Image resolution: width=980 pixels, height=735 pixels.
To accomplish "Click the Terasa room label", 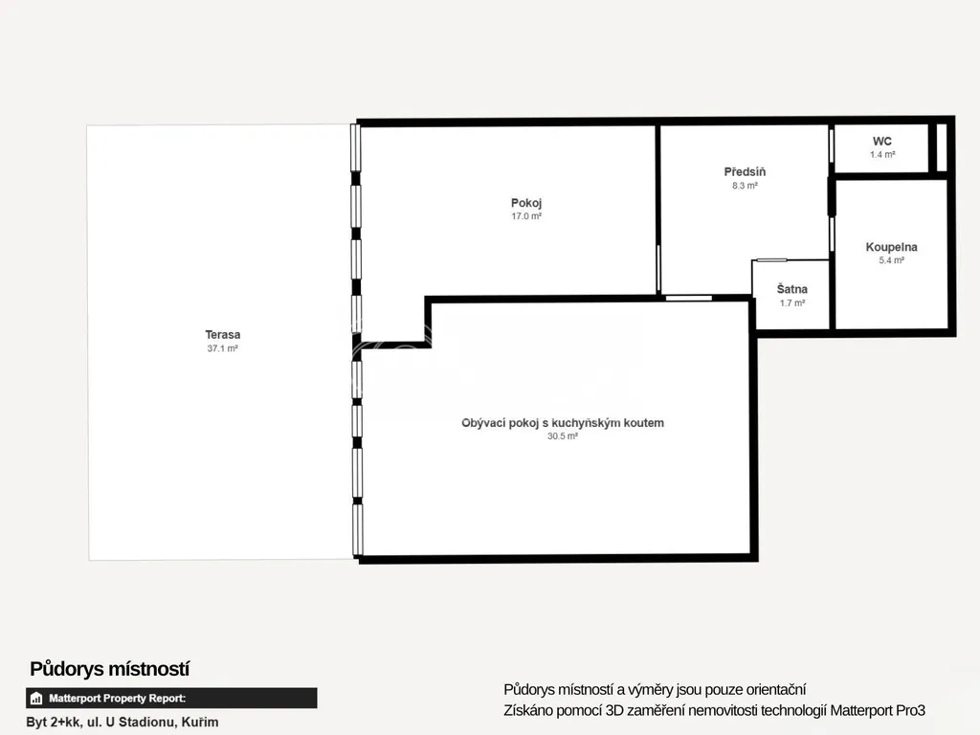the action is [222, 334].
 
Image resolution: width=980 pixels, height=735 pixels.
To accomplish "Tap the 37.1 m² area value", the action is [222, 348].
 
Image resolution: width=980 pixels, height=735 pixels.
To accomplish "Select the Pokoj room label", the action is [526, 203].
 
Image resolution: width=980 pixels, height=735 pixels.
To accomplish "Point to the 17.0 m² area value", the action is [526, 216].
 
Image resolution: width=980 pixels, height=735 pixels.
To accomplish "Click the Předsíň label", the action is [745, 171].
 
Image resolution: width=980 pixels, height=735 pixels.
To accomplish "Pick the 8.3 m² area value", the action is [745, 186].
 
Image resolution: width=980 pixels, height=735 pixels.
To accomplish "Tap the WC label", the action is [881, 142].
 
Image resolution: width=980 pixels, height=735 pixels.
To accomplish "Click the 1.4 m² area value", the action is [881, 154].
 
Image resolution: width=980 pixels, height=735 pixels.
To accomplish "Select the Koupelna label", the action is [891, 247].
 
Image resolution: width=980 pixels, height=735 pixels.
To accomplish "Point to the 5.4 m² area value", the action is [891, 260].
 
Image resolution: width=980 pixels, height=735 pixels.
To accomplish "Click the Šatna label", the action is [791, 289].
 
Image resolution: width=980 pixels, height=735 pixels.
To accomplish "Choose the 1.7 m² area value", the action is [791, 303].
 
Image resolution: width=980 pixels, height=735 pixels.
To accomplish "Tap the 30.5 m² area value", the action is [563, 436].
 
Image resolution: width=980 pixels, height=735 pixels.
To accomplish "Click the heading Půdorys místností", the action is [109, 669].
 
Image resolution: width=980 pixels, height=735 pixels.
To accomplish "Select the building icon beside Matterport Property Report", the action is [36, 698].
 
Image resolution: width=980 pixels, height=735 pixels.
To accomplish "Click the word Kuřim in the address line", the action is [200, 722].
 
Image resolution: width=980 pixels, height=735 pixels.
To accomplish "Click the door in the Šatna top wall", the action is [771, 260].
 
